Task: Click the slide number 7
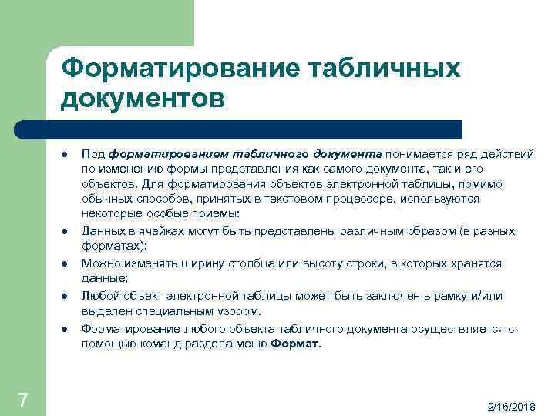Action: [x=22, y=399]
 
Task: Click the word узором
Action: [x=238, y=311]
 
